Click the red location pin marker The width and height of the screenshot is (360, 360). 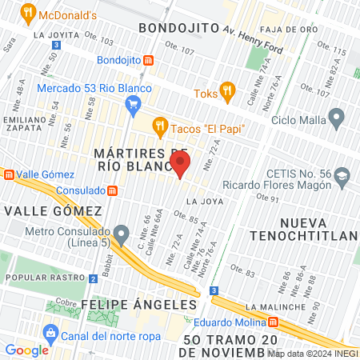(180, 164)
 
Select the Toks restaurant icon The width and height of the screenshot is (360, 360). (227, 92)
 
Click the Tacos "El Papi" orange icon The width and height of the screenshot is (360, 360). (160, 126)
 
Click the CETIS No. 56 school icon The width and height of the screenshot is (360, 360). (342, 175)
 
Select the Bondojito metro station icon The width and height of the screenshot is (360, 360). (149, 60)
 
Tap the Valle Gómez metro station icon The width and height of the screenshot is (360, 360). (7, 174)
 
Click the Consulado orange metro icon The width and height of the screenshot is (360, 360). (113, 191)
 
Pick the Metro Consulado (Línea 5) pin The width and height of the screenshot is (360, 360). (121, 234)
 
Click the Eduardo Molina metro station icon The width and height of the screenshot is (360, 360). (274, 322)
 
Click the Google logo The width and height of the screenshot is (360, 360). (26, 350)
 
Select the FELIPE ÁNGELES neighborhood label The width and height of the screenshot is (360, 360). (138, 305)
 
